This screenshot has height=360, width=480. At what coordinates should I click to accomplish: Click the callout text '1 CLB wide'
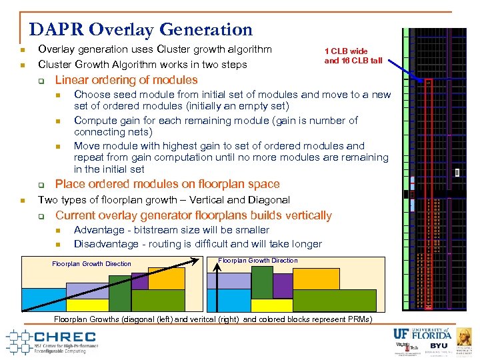pyautogui.click(x=346, y=51)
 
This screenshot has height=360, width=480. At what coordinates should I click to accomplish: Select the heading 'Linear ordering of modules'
pyautogui.click(x=126, y=80)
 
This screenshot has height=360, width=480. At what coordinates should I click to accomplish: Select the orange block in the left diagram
pyautogui.click(x=166, y=278)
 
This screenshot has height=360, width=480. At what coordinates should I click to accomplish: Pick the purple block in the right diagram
pyautogui.click(x=283, y=285)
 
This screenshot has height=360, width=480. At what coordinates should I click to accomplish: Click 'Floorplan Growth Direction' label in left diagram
pyautogui.click(x=91, y=264)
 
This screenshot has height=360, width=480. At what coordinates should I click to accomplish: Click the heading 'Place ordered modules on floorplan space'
pyautogui.click(x=167, y=184)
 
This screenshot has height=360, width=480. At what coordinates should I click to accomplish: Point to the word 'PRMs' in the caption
pyautogui.click(x=361, y=320)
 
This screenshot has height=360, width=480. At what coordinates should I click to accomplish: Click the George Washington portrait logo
pyautogui.click(x=464, y=336)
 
